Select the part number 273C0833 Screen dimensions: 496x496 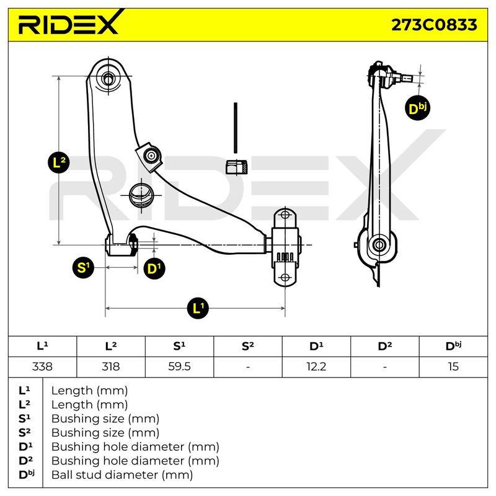click(x=434, y=25)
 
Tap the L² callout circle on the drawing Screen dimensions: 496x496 click(x=58, y=162)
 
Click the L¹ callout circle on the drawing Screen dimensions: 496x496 click(x=198, y=308)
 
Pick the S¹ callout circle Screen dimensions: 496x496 click(x=83, y=268)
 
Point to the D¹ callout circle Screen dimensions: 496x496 click(x=154, y=268)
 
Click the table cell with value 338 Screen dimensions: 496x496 click(x=42, y=366)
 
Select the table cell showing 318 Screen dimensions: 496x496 click(x=111, y=366)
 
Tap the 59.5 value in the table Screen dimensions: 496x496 click(x=179, y=366)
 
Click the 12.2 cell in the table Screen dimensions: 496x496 click(x=316, y=366)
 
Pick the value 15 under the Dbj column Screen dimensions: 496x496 click(x=453, y=366)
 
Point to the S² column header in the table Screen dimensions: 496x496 click(x=247, y=346)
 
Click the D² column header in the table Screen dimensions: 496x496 click(x=384, y=346)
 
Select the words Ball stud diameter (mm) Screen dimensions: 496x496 click(x=122, y=475)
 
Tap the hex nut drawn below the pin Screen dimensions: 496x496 click(x=236, y=167)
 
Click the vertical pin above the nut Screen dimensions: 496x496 click(x=236, y=128)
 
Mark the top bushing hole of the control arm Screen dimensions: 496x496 click(x=108, y=78)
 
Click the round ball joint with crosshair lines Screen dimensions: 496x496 click(x=141, y=195)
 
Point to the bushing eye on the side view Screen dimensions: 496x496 click(x=379, y=245)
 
